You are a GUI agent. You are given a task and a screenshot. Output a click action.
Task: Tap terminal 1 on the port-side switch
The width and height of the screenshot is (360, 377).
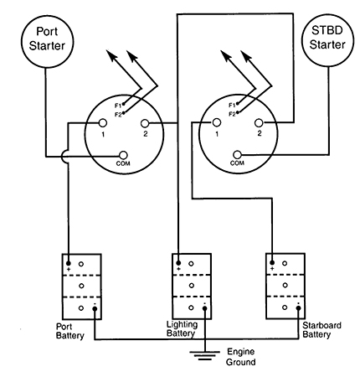(x=103, y=123)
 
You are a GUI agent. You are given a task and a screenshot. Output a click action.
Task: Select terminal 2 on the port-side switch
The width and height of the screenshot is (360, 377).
(x=145, y=123)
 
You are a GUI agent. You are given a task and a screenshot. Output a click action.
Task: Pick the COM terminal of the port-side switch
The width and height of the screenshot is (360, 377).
(x=123, y=155)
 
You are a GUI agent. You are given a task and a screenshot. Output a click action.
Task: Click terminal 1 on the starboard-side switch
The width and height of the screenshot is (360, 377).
(x=217, y=122)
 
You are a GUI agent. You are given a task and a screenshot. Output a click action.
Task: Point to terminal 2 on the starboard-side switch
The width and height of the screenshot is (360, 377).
(x=259, y=122)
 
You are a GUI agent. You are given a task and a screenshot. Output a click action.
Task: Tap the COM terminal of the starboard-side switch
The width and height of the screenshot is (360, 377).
(x=237, y=154)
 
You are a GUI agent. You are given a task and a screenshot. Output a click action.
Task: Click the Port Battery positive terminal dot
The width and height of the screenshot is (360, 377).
(x=69, y=263)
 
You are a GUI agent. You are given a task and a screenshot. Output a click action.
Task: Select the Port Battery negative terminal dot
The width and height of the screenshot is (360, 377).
(x=95, y=308)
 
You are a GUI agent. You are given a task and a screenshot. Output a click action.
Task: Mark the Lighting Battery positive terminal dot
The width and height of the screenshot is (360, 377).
(x=178, y=263)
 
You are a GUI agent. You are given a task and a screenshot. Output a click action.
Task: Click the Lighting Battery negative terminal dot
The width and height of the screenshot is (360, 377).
(x=205, y=308)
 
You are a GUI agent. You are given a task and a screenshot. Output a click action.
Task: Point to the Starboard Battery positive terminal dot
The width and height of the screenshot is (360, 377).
(x=272, y=262)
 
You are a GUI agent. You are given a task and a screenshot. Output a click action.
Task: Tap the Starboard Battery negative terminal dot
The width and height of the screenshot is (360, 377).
(x=299, y=308)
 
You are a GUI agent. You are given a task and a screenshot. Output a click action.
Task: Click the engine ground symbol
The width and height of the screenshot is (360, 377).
(x=205, y=355)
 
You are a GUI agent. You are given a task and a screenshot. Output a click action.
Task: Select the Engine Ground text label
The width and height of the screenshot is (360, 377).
(x=240, y=357)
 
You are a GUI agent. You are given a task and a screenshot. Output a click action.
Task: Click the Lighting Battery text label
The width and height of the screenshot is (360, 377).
(x=182, y=329)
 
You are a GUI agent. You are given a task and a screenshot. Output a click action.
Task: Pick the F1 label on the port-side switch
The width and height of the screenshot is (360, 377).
(x=118, y=106)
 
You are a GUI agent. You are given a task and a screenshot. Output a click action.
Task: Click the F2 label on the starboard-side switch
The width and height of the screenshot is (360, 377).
(x=232, y=114)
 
